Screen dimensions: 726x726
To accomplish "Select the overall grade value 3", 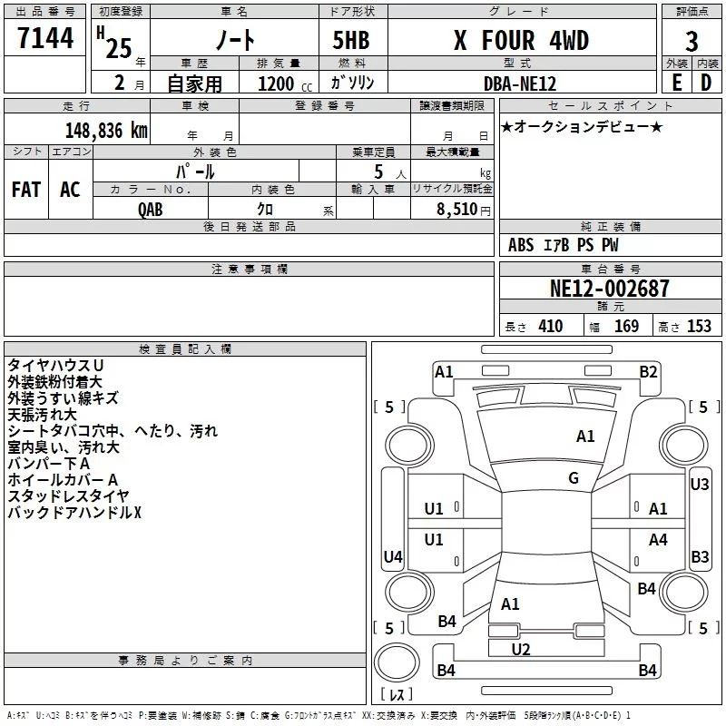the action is [692, 41].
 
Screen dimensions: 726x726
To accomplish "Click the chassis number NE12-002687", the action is [609, 289].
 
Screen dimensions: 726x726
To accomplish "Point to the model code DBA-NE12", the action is [520, 83].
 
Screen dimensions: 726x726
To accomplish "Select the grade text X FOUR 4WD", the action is [520, 41].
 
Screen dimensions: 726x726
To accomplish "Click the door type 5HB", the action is [350, 41].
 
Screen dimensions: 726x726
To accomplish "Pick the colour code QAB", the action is [151, 208].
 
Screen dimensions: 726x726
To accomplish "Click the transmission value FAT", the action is [26, 189].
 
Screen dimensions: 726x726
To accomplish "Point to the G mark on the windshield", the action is [574, 478].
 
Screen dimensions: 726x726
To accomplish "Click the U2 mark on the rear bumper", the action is [520, 649].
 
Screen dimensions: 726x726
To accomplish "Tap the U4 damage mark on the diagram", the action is [393, 556].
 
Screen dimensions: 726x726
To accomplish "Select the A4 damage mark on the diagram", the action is [658, 540].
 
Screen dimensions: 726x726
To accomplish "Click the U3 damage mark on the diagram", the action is [699, 485].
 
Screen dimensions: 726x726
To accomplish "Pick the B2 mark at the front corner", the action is [648, 371].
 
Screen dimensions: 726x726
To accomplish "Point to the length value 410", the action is [550, 327].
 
